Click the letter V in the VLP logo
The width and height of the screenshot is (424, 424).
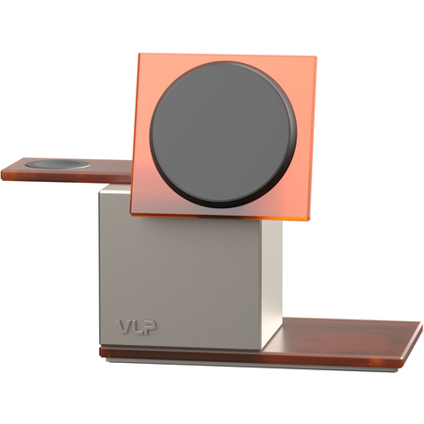point(124,327)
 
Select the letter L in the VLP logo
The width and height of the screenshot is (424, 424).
point(138,327)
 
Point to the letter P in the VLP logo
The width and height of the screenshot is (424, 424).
point(151,327)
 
